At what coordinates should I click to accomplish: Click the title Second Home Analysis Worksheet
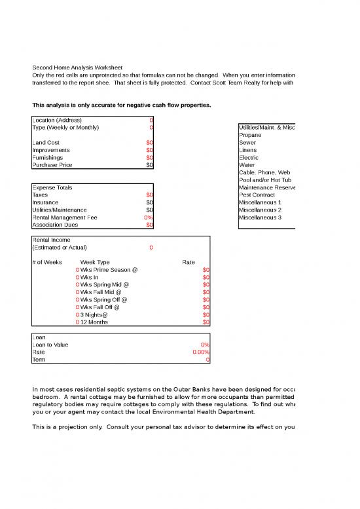[x=77, y=67]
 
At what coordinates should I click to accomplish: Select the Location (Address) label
[x=57, y=120]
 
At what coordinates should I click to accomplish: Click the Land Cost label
[x=46, y=142]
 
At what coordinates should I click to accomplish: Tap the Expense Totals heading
[x=52, y=187]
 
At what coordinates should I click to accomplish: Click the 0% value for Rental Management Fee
[x=149, y=217]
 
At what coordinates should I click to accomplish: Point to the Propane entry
[x=250, y=135]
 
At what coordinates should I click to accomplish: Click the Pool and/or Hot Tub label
[x=265, y=180]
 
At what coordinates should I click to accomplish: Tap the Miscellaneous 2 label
[x=260, y=210]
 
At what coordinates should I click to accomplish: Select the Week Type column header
[x=95, y=262]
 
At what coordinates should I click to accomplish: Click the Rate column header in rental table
[x=189, y=262]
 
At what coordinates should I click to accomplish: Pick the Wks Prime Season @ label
[x=105, y=270]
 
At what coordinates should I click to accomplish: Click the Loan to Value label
[x=50, y=345]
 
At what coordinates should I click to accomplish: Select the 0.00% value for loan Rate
[x=201, y=352]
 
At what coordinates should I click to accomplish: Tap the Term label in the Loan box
[x=39, y=360]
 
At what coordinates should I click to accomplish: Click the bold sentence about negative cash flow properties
[x=121, y=105]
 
